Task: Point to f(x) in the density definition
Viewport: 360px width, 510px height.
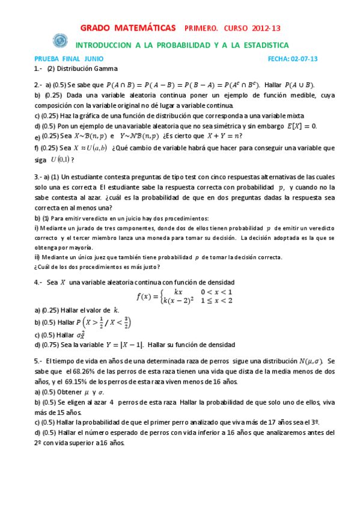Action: pyautogui.click(x=145, y=296)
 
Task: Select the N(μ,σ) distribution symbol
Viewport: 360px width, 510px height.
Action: pyautogui.click(x=311, y=361)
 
